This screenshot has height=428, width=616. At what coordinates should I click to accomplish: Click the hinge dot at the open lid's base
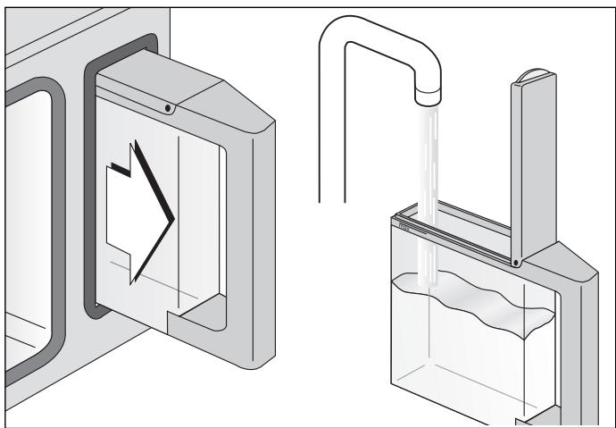tap(516, 262)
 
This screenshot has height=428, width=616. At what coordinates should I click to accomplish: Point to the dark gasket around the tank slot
tap(87, 179)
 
